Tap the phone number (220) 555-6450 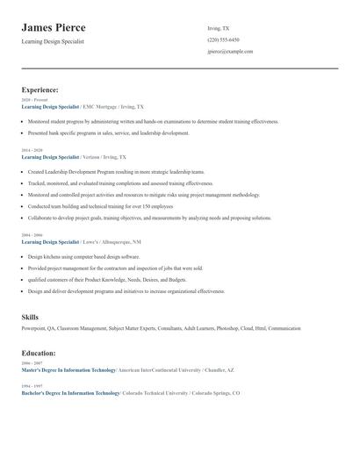click(223, 39)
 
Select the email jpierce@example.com click(230, 52)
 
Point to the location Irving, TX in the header click(219, 28)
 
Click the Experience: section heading click(40, 89)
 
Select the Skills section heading click(30, 316)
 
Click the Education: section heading click(39, 353)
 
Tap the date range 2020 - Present click(34, 100)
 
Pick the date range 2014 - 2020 click(31, 150)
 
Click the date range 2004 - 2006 click(31, 235)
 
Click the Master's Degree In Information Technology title click(69, 370)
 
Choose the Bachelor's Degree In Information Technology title click(70, 393)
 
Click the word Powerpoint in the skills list click(36, 328)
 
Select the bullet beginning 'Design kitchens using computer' click(71, 256)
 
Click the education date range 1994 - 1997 click(31, 386)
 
